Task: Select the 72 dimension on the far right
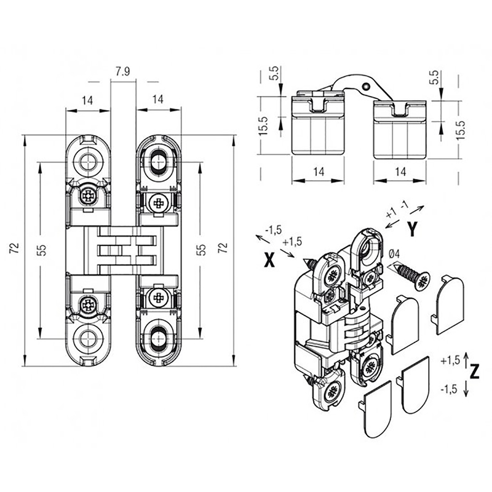point(223,248)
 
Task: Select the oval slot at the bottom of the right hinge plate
point(158,338)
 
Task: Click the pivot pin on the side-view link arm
point(367,88)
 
